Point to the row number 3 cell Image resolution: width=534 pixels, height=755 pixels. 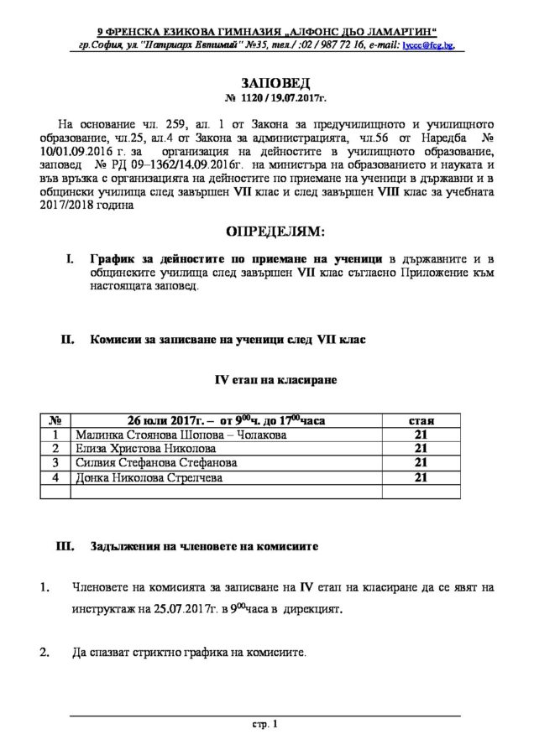pyautogui.click(x=55, y=462)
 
